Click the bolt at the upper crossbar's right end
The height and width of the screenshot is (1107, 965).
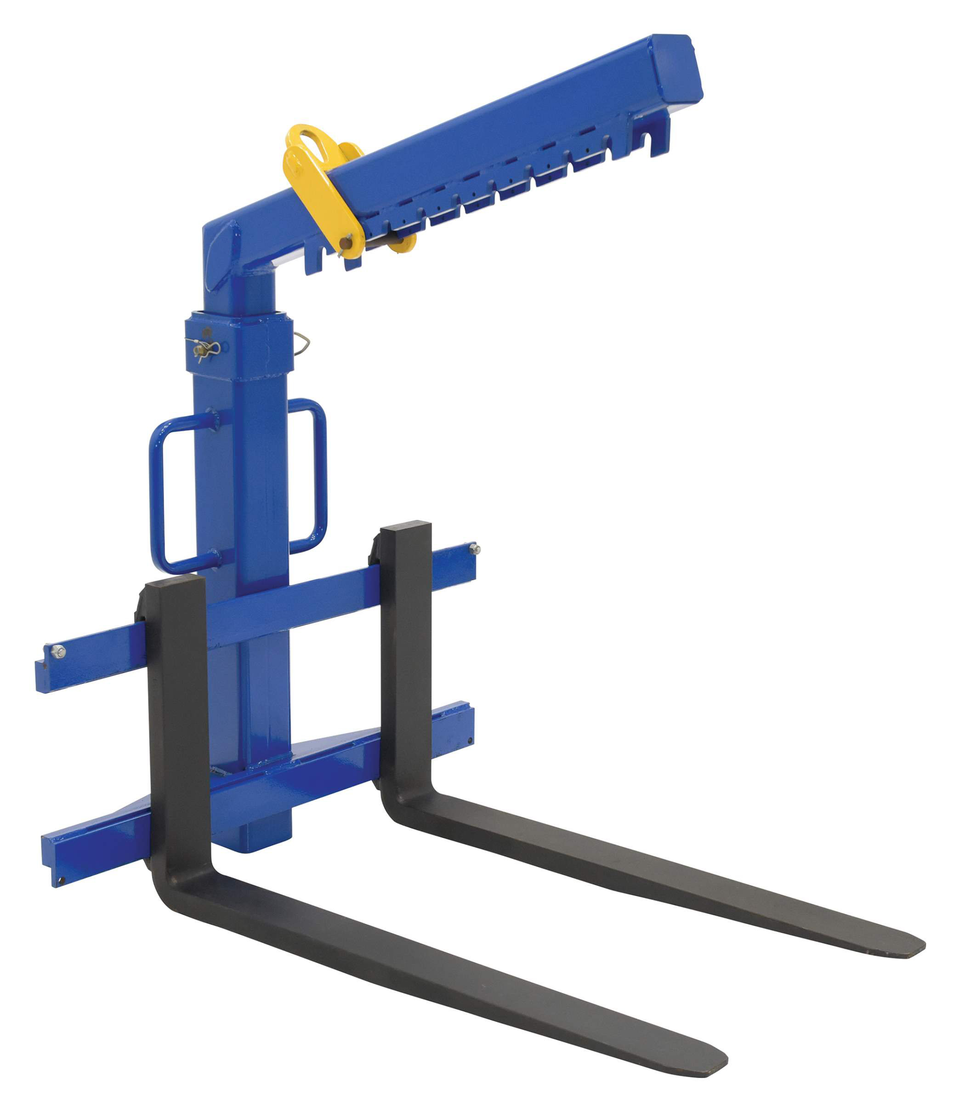[x=474, y=549]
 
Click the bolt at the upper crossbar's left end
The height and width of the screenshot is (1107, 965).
[x=57, y=652]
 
